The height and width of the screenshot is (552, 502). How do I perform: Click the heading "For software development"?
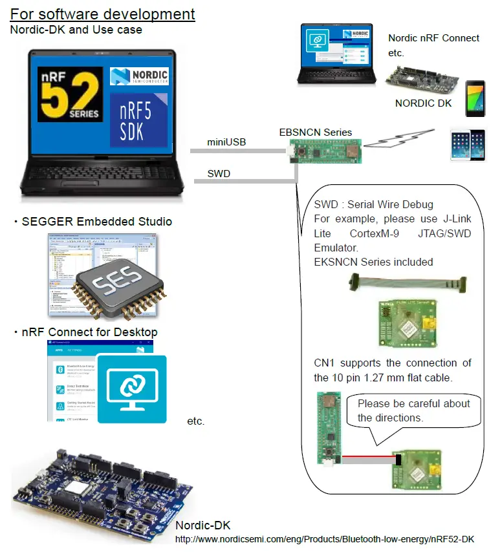coord(103,14)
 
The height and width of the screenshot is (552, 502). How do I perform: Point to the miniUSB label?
coord(226,142)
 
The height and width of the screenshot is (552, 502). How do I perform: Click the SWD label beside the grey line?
coord(219,173)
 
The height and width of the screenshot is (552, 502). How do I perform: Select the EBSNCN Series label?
coord(315,132)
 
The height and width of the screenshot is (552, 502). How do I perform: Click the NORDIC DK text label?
coord(423,103)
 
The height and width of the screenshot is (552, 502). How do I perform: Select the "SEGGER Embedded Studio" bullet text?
coord(96,222)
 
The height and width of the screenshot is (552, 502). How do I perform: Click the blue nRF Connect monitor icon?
coord(132,388)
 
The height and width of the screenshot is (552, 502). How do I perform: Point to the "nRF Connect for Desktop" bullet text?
coord(89,332)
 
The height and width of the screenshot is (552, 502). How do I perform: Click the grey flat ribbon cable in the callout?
coord(407,282)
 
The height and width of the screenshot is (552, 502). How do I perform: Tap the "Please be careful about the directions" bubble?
coord(414,410)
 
